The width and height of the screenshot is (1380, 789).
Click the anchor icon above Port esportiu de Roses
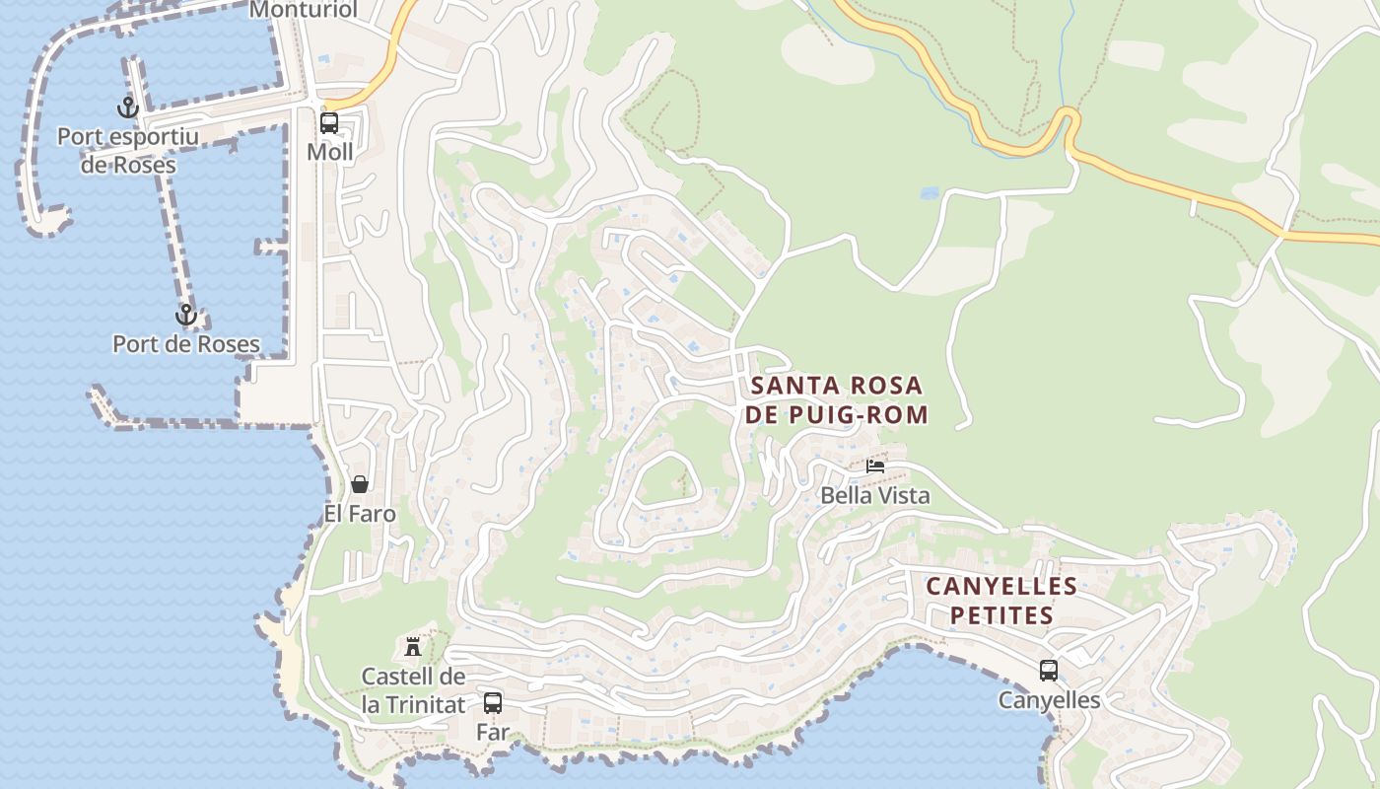pos(127,108)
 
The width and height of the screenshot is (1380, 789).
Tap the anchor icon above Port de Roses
pos(185,316)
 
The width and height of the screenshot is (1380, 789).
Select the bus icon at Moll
pos(329,123)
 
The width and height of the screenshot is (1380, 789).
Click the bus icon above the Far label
pos(493,703)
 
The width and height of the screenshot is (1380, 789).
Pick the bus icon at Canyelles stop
pos(1049,671)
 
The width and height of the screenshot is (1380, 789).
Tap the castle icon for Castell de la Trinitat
pos(413,647)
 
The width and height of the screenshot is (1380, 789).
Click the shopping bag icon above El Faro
pos(360,484)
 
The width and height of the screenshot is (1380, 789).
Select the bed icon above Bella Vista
pos(875,466)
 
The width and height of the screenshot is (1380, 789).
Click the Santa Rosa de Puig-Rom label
pos(837,399)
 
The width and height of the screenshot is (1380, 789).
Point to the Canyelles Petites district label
pos(1001,601)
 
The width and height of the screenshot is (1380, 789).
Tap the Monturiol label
pos(303,10)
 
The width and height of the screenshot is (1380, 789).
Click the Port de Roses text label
pos(186,344)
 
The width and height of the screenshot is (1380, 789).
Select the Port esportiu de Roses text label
pos(128,151)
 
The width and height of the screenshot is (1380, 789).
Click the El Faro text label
pos(360,514)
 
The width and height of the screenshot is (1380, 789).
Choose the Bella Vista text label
pos(875,495)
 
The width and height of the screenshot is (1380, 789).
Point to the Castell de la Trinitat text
pos(413,690)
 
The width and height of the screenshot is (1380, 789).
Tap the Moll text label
pos(329,152)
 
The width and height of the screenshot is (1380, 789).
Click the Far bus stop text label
pos(493,732)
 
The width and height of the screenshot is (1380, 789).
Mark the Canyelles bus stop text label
pos(1049,700)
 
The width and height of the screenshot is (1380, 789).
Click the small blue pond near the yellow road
pos(930,193)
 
